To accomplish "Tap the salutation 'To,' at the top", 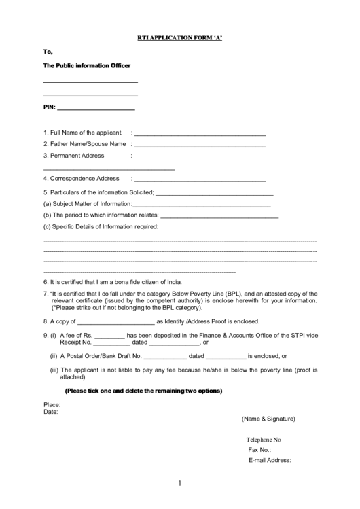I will [48, 51].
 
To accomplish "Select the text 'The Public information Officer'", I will [87, 65].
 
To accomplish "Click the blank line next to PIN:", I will [96, 109].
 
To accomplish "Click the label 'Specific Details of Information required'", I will [101, 226].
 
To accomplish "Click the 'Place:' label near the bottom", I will [52, 404].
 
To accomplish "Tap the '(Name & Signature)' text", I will [268, 419].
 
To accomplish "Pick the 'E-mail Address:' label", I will [270, 460].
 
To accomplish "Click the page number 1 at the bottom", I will [180, 483].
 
